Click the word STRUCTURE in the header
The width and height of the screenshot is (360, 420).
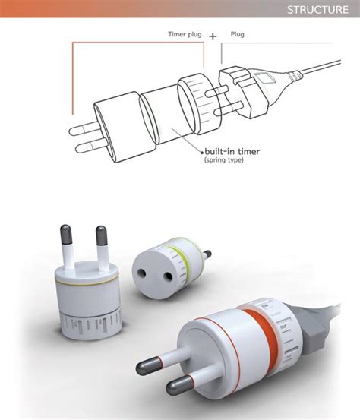click(317, 10)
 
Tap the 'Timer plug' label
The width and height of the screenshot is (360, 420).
click(185, 34)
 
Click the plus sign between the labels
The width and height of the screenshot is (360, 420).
click(213, 36)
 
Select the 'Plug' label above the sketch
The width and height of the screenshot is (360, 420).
click(237, 34)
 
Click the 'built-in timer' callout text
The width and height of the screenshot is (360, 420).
click(232, 152)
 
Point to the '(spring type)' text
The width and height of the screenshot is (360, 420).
click(224, 160)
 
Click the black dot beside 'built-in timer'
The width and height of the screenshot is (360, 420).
click(202, 153)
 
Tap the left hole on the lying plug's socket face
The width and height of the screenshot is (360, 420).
click(142, 273)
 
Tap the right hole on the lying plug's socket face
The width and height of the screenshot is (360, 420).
click(168, 276)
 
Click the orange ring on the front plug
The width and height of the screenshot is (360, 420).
click(260, 337)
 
